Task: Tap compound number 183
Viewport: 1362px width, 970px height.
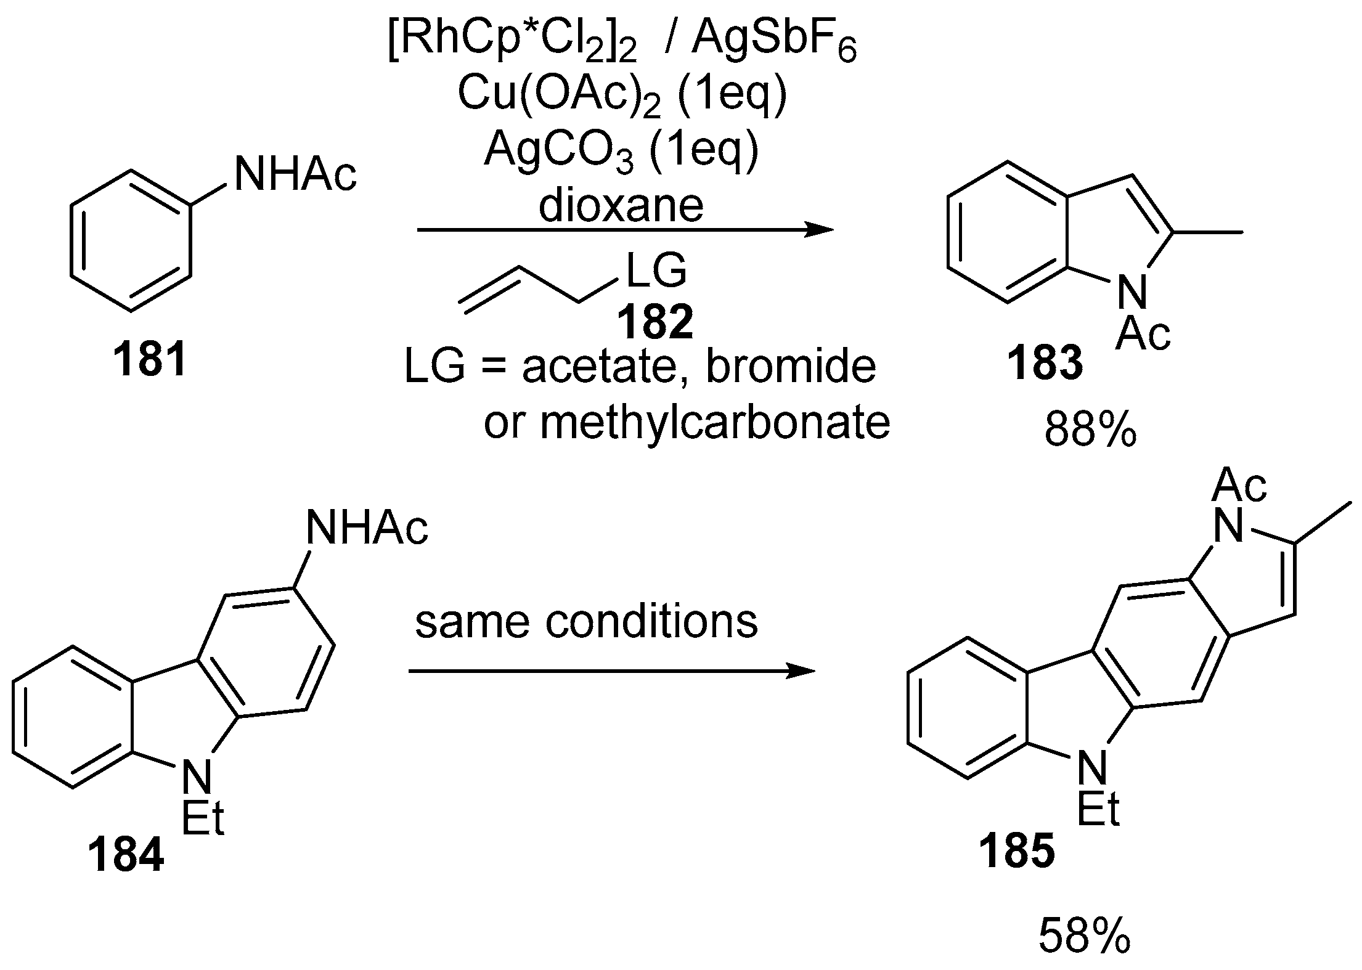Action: (1045, 364)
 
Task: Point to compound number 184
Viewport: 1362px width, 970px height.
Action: (126, 855)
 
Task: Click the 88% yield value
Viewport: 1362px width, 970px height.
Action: (1090, 431)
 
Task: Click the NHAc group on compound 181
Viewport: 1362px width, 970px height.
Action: (295, 174)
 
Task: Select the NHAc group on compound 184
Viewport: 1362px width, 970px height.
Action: (366, 529)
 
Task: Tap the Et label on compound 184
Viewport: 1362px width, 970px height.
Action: (203, 818)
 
